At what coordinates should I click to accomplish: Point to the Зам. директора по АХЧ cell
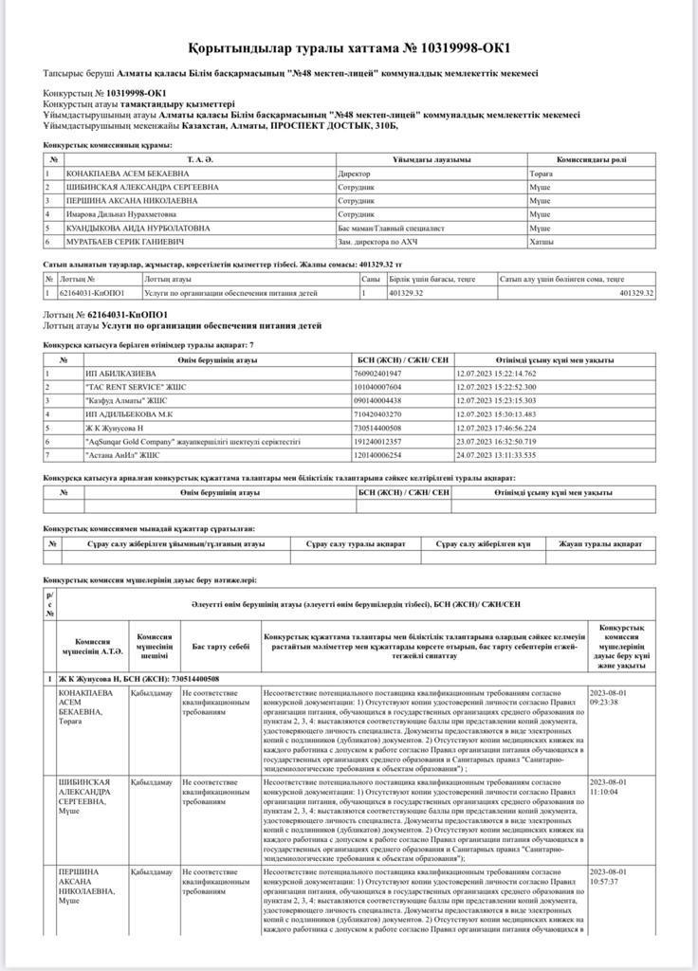pos(377,242)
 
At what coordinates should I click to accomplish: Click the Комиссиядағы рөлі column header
pos(590,159)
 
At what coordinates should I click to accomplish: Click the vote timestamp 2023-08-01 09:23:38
pos(615,698)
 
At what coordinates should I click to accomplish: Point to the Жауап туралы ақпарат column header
pos(600,544)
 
